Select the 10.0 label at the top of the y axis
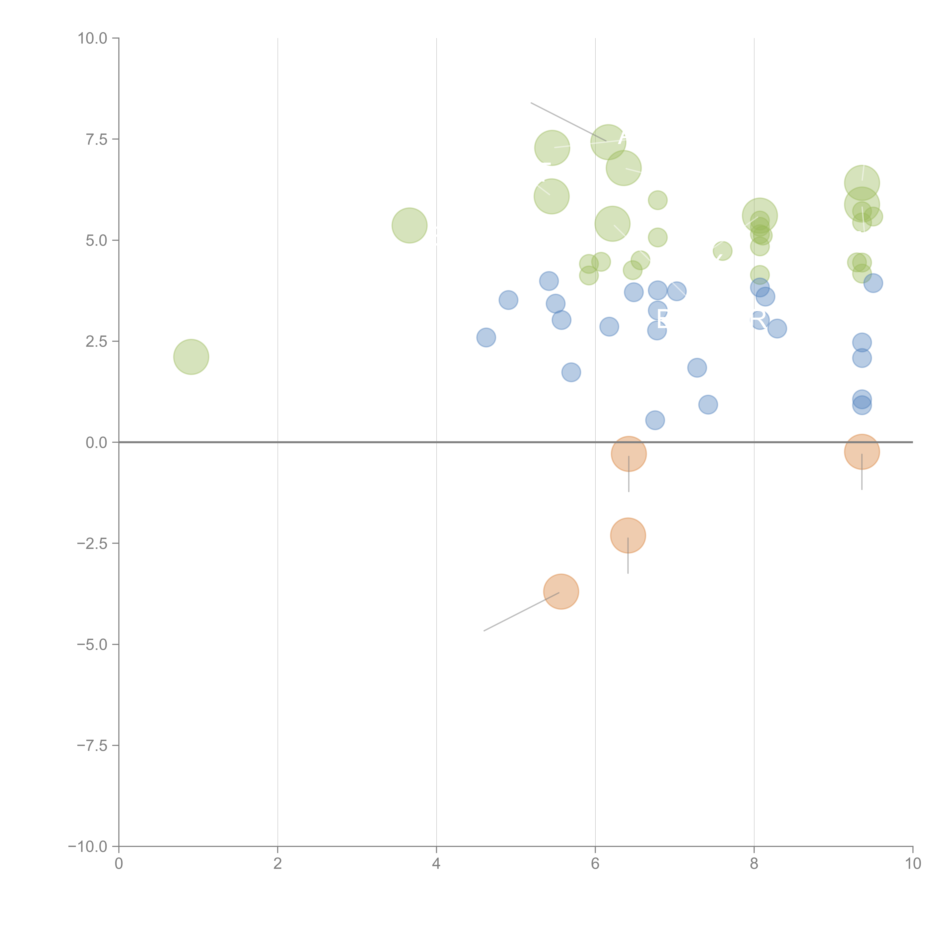(x=93, y=38)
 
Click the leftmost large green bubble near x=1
(x=191, y=357)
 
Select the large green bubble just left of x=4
(x=410, y=225)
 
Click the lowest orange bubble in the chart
(x=561, y=592)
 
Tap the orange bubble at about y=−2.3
(x=628, y=536)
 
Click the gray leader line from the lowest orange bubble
(x=522, y=611)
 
